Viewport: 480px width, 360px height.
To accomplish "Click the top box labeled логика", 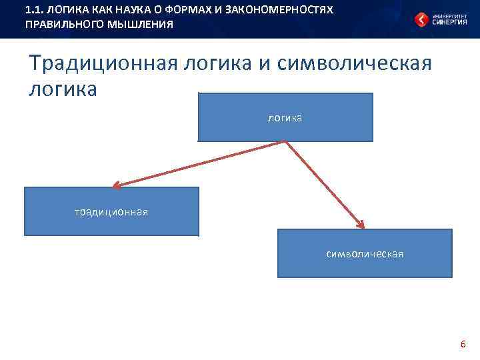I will click(285, 117).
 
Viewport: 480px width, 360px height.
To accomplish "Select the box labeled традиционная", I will click(111, 211).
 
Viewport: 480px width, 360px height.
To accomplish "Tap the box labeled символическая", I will click(365, 253).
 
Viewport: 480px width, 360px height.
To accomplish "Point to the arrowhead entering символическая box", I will click(361, 225).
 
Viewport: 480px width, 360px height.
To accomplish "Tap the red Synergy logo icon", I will click(421, 19).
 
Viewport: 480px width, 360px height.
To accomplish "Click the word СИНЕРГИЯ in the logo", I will click(449, 22).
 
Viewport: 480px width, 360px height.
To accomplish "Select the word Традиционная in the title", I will click(103, 64).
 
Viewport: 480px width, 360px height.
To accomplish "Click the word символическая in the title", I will click(354, 64).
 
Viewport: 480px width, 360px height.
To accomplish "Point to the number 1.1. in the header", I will click(33, 11).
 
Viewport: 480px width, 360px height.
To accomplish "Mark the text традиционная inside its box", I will click(111, 212).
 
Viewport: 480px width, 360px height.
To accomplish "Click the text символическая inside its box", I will click(365, 254).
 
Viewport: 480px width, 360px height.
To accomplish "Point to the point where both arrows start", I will click(286, 142).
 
